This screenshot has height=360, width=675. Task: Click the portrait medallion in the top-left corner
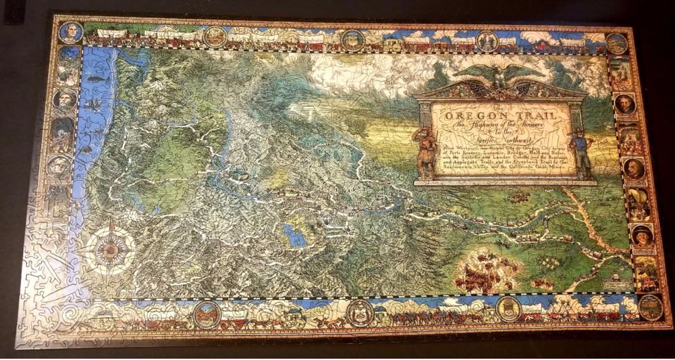(x=70, y=32)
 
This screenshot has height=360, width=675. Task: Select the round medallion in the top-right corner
(x=616, y=43)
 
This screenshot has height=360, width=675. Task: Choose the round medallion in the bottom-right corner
(x=650, y=307)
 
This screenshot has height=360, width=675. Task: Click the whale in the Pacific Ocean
(x=96, y=79)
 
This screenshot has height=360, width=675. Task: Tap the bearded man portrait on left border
(x=64, y=100)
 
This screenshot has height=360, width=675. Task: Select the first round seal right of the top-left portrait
(x=215, y=36)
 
